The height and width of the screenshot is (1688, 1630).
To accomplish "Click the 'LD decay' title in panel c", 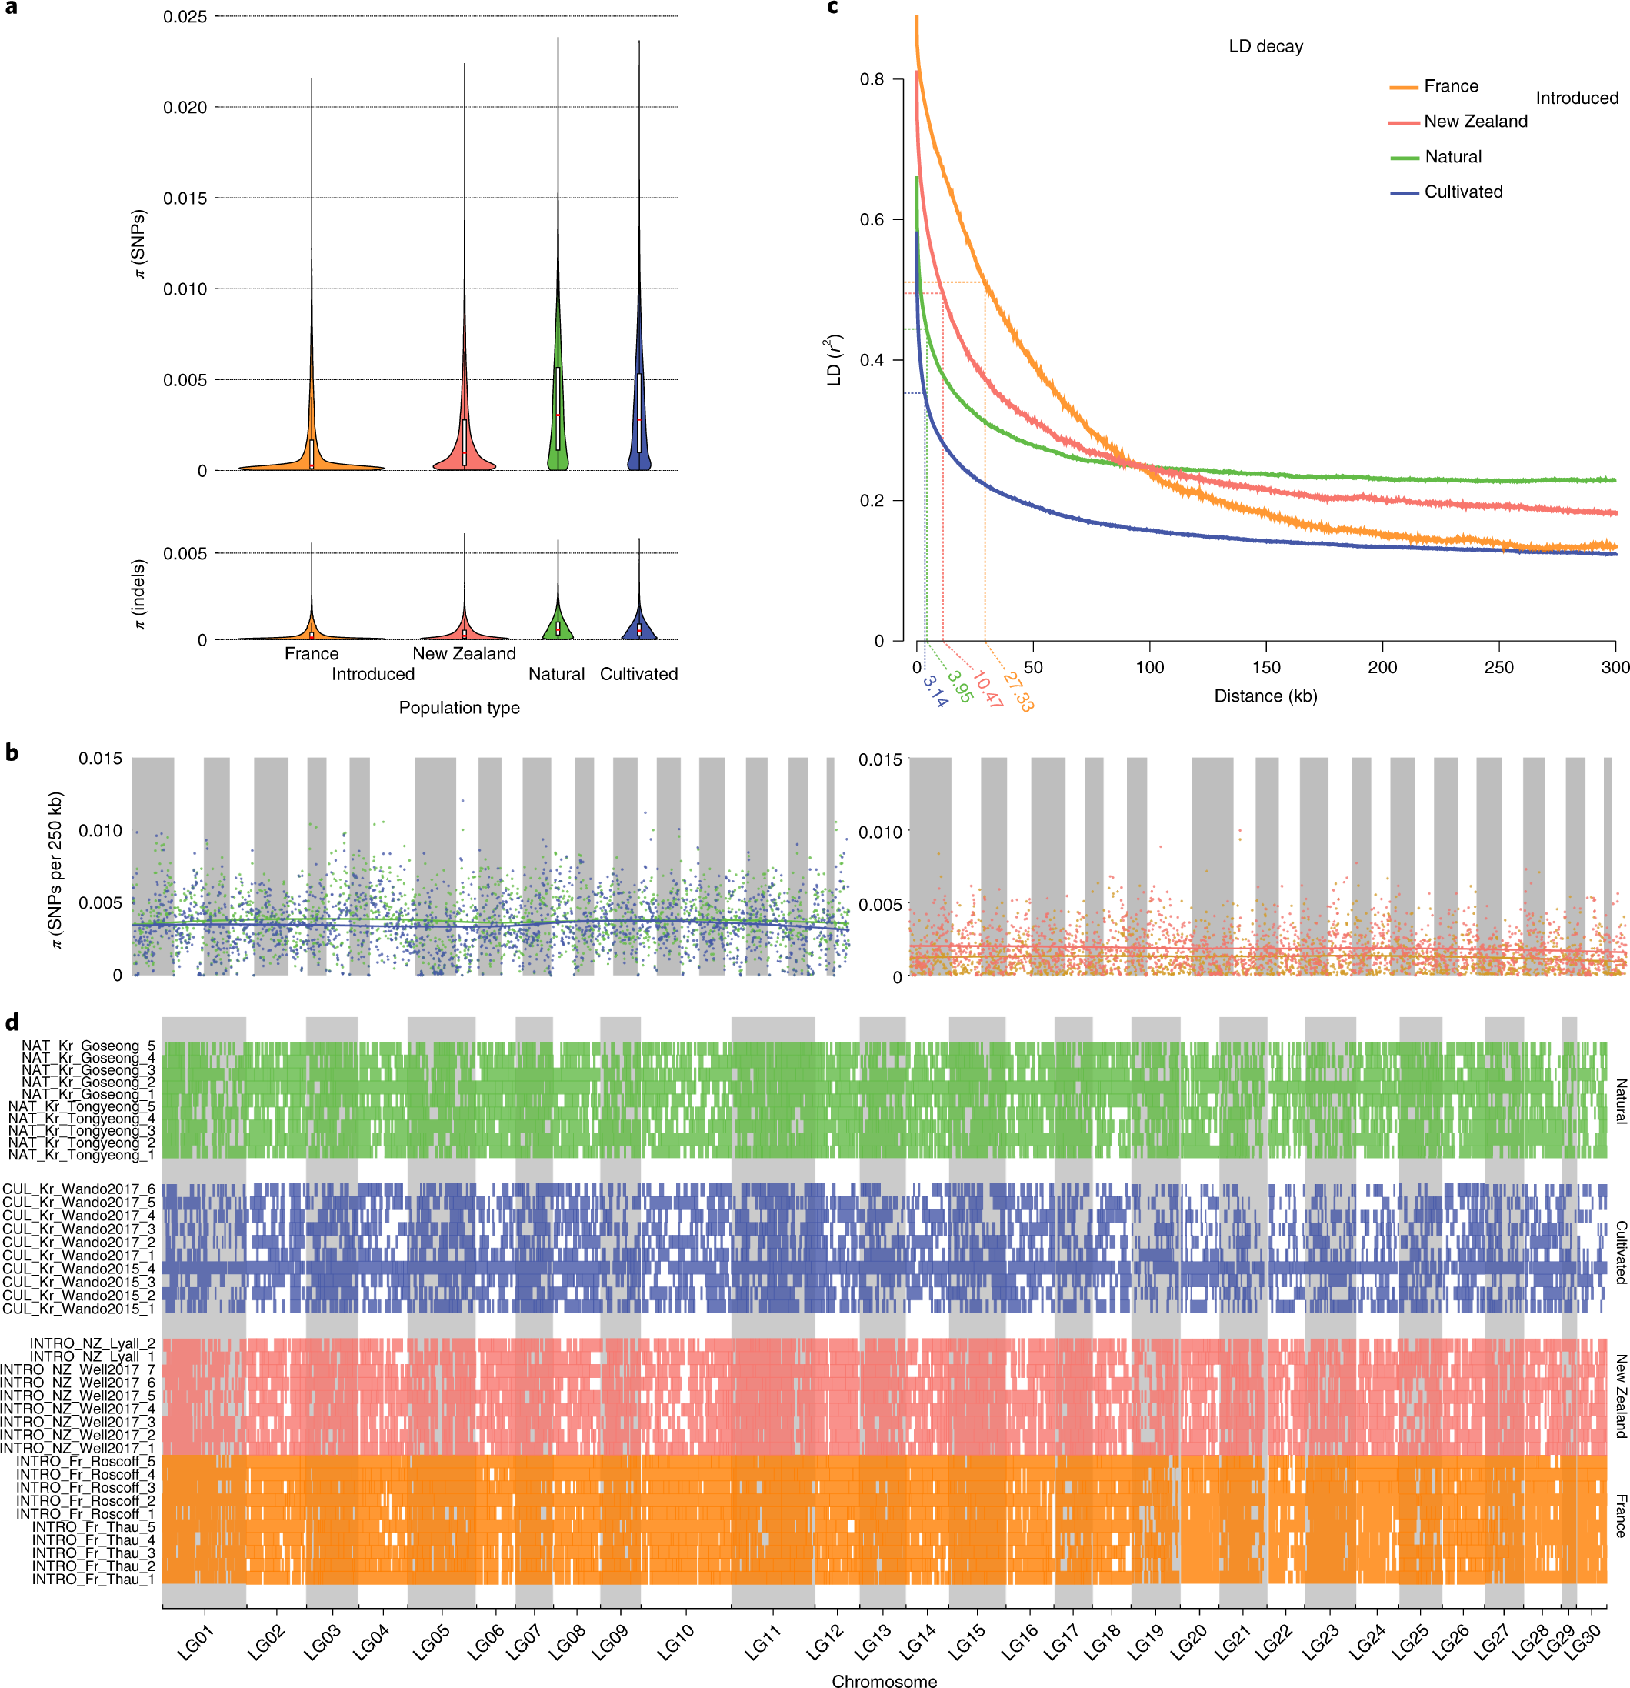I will click(x=1265, y=46).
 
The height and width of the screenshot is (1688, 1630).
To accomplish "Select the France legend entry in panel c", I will click(x=1450, y=86).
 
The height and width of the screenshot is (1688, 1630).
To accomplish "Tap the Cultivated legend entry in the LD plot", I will click(x=1463, y=192).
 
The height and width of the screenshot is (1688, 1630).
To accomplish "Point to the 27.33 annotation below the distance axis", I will click(x=1018, y=692).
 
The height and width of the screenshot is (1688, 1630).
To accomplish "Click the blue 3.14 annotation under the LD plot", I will click(x=935, y=692).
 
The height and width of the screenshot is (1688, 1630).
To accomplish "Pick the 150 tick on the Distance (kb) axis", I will click(x=1265, y=668).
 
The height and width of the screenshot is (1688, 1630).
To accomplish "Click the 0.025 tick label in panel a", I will click(x=185, y=16).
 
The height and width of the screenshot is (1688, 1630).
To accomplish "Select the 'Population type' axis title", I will click(x=459, y=708).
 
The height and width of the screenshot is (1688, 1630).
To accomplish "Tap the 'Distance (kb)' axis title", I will click(x=1265, y=696).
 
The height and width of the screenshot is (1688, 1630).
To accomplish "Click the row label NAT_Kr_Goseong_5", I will click(x=88, y=1046).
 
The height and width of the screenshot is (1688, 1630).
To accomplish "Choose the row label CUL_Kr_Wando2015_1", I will click(x=79, y=1309).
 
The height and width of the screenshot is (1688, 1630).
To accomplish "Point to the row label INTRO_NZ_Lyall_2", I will click(x=93, y=1343).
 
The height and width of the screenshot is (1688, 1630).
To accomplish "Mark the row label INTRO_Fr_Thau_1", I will click(x=94, y=1580).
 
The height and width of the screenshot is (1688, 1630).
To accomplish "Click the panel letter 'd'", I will click(x=12, y=1023).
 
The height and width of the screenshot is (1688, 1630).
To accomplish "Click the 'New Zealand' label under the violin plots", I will click(x=464, y=654).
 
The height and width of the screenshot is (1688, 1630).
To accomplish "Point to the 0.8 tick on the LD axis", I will click(x=872, y=79).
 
